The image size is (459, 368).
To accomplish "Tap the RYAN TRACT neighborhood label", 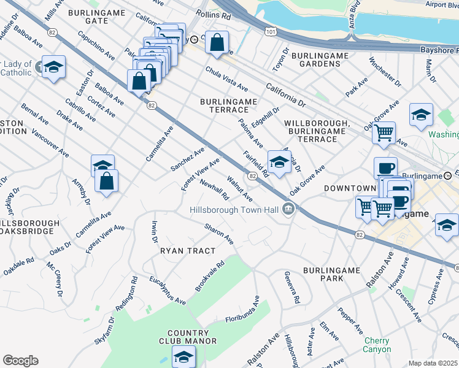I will [188, 251].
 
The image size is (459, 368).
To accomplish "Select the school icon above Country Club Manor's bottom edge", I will [183, 356].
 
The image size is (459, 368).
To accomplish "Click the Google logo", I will [20, 361].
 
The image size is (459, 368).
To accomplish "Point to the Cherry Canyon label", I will [377, 345].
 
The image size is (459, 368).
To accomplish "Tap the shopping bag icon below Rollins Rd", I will [217, 43].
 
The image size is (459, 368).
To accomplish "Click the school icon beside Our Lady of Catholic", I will [53, 66].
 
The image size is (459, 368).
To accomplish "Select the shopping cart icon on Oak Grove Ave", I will [384, 132].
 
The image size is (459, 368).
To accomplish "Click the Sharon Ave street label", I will [219, 234].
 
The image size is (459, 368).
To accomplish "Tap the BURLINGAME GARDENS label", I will [320, 59].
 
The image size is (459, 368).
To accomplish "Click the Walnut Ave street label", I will [239, 189].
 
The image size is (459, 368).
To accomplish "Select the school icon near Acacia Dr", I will [279, 163].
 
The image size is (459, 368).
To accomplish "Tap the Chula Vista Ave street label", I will [226, 79].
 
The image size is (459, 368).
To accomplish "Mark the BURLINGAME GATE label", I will [96, 17].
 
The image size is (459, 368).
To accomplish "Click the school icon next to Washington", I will [421, 115].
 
